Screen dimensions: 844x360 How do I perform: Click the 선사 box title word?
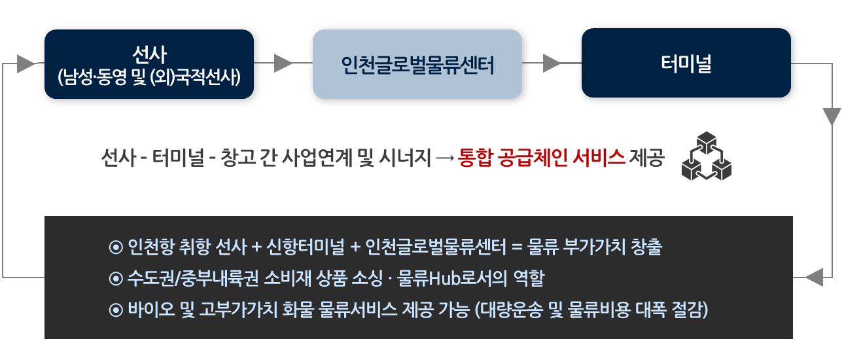tap(149, 55)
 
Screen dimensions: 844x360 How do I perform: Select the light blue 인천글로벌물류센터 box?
tap(417, 64)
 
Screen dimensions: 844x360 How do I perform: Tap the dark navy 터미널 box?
tap(686, 63)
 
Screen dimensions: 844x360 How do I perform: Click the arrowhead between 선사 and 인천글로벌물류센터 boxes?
tap(283, 63)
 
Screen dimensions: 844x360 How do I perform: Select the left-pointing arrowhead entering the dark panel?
tap(814, 278)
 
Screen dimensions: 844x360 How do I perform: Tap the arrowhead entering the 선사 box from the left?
tap(26, 63)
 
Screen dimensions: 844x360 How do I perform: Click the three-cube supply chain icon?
tap(707, 156)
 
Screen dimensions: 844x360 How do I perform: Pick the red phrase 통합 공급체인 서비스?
tap(542, 158)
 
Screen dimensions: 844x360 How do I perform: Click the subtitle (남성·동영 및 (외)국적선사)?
tap(149, 77)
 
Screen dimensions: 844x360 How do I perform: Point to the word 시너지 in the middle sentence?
tap(405, 158)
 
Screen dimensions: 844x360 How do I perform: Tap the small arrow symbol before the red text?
tap(445, 158)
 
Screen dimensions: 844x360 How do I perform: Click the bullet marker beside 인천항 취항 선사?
tap(116, 247)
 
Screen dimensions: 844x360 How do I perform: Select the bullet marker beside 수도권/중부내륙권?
tap(116, 279)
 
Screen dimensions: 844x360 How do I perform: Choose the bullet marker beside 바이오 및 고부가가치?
tap(116, 310)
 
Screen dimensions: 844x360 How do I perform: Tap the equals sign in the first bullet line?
tap(517, 247)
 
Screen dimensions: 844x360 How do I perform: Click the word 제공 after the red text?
tap(647, 158)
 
